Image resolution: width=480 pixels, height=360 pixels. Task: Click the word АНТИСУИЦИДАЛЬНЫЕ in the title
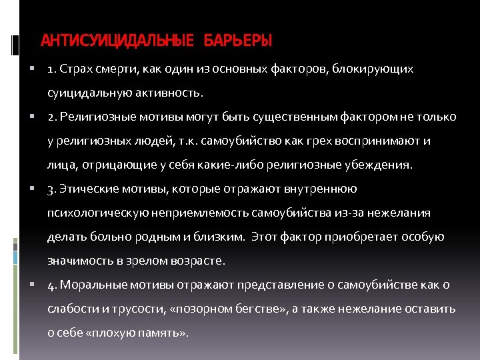(x=114, y=41)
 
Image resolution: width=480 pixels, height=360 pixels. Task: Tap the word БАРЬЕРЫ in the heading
(x=239, y=41)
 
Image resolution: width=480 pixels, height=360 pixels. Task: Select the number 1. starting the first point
(x=53, y=69)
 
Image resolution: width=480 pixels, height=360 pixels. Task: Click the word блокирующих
(x=379, y=69)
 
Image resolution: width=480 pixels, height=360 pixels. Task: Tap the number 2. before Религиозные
(x=53, y=117)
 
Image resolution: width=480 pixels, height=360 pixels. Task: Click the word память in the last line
(x=157, y=333)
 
